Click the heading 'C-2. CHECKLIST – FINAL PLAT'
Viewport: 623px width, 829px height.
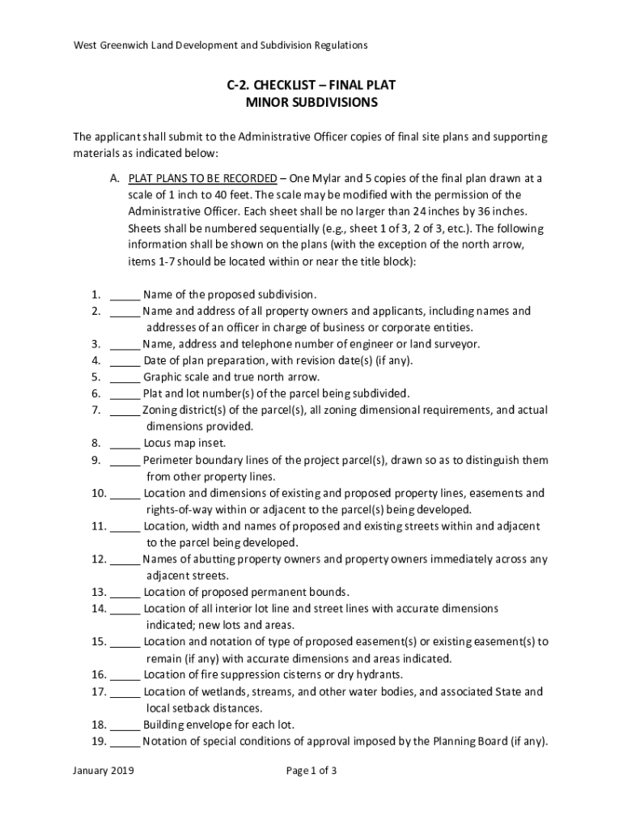coord(311,85)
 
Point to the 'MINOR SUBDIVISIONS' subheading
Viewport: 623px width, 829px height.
coord(311,103)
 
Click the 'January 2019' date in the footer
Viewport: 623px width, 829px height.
coord(103,771)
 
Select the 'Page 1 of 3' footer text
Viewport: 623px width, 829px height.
coord(311,771)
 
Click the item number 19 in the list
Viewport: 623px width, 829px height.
coord(99,741)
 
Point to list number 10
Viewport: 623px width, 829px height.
coord(99,493)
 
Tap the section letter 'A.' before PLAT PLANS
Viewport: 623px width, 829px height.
coord(116,178)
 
